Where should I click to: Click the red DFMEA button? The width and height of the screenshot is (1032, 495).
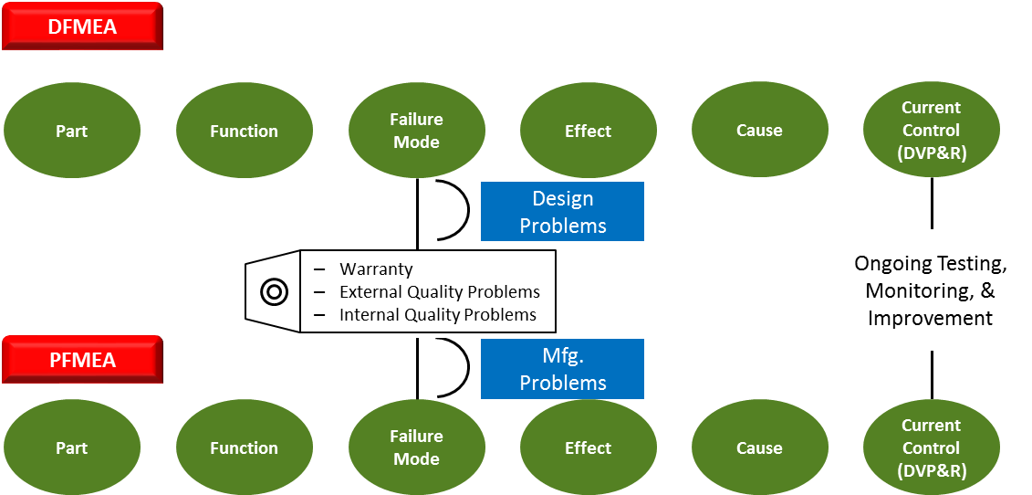[x=82, y=26]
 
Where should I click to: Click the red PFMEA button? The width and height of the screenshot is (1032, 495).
[x=82, y=360]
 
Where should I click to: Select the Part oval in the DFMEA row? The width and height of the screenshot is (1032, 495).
[x=72, y=131]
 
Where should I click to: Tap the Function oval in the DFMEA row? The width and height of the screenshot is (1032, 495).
[x=244, y=131]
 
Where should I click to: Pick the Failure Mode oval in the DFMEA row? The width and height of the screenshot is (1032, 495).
[x=416, y=131]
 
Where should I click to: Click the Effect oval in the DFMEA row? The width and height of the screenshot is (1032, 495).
[x=588, y=131]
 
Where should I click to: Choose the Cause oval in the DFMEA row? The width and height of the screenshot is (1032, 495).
[x=759, y=131]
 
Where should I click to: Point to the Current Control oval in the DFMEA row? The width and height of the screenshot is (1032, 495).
[x=931, y=131]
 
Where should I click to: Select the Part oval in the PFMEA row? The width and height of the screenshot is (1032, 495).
[x=72, y=448]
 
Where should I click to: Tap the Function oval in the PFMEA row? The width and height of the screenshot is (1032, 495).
[x=244, y=448]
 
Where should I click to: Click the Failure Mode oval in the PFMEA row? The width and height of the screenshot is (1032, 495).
[x=416, y=448]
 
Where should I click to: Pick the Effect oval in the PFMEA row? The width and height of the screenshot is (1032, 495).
[x=588, y=448]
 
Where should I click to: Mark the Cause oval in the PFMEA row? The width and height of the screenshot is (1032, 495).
[x=759, y=448]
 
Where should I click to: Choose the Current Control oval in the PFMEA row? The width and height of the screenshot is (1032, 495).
[x=931, y=448]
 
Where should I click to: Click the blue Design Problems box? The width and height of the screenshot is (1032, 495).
[x=562, y=212]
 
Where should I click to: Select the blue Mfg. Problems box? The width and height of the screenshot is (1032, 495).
[x=562, y=369]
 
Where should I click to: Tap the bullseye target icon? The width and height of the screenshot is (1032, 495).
[x=274, y=292]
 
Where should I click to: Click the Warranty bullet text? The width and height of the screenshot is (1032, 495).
[x=376, y=269]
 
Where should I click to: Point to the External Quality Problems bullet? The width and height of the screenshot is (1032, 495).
[x=439, y=292]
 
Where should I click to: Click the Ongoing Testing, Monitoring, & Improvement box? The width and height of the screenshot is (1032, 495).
[x=930, y=290]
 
